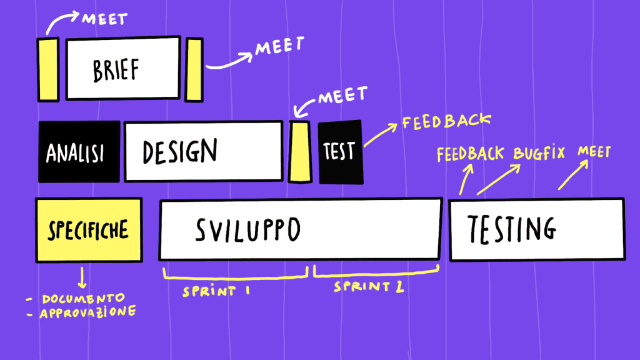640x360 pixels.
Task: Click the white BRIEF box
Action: click(124, 69)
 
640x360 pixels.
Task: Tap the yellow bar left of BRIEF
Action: click(48, 69)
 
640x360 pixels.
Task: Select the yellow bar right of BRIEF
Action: click(194, 69)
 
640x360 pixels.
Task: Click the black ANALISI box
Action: click(79, 152)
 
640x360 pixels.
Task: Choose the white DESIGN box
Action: click(202, 151)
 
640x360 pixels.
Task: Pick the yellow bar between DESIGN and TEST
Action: click(300, 151)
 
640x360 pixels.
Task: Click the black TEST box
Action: click(340, 152)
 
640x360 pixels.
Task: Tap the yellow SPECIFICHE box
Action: click(88, 229)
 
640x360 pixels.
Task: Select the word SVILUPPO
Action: click(248, 231)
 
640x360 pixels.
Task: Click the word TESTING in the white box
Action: click(512, 229)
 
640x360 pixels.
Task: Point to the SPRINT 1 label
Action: click(217, 291)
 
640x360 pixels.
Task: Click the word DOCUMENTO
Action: click(84, 297)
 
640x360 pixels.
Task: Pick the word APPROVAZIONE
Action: click(87, 311)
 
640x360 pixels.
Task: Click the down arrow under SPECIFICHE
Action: click(82, 277)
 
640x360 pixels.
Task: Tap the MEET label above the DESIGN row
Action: click(342, 97)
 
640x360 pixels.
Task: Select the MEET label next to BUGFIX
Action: click(594, 152)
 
